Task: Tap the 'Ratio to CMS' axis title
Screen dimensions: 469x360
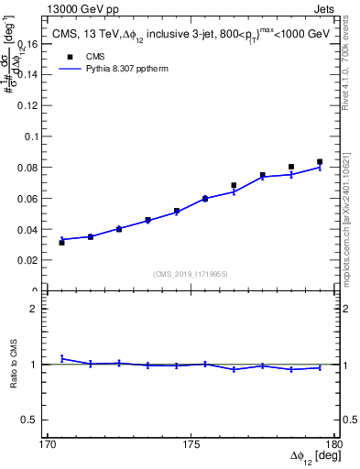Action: click(x=15, y=364)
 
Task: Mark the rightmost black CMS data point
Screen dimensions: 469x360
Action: click(x=320, y=162)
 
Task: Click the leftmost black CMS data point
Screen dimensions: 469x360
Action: click(x=61, y=243)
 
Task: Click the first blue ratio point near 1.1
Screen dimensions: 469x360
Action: click(x=61, y=358)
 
